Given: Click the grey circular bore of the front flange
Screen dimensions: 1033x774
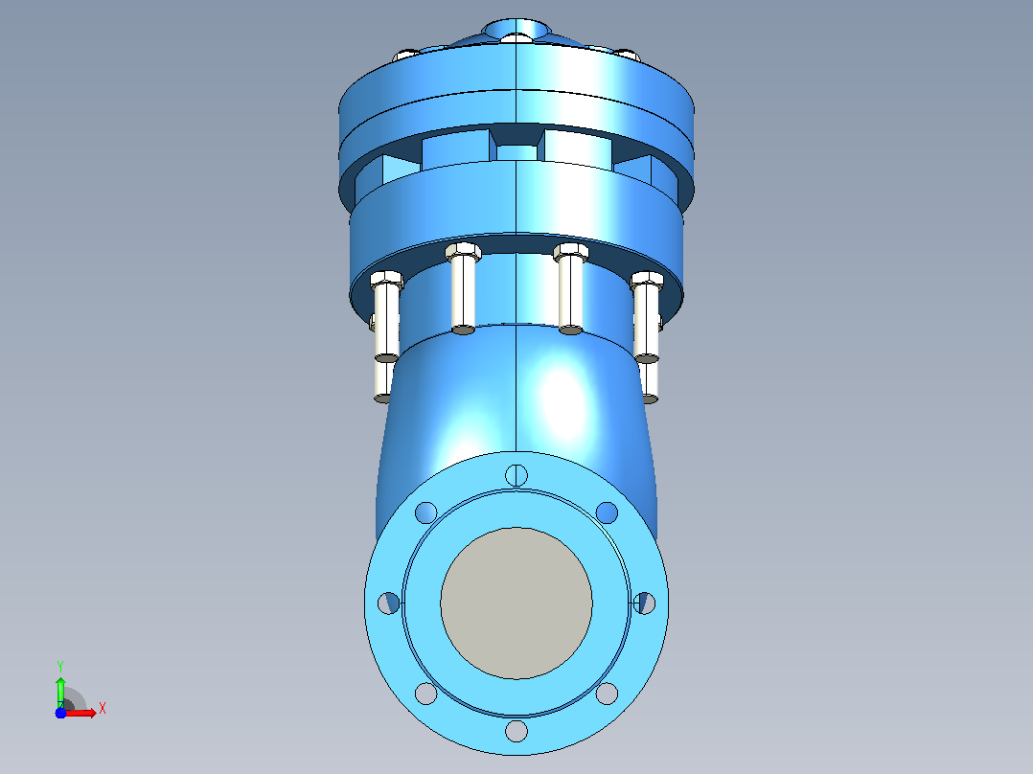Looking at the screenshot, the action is click(516, 603).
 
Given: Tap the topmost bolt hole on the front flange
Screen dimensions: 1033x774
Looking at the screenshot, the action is click(516, 475).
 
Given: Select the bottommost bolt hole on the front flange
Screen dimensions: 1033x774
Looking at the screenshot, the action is click(516, 731).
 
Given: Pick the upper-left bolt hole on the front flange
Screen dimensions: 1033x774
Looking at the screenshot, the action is click(426, 512).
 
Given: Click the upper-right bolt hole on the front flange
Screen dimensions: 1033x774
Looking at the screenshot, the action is click(607, 512).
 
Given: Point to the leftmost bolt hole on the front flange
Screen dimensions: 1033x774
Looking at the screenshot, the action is click(389, 603).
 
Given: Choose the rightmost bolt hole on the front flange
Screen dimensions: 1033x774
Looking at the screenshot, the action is click(644, 603).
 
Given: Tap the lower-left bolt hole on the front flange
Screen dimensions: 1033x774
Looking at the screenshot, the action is click(426, 694).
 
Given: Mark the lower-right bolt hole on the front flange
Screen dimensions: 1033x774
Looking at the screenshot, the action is click(607, 694).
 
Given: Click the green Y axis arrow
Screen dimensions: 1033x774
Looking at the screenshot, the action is click(60, 692).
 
